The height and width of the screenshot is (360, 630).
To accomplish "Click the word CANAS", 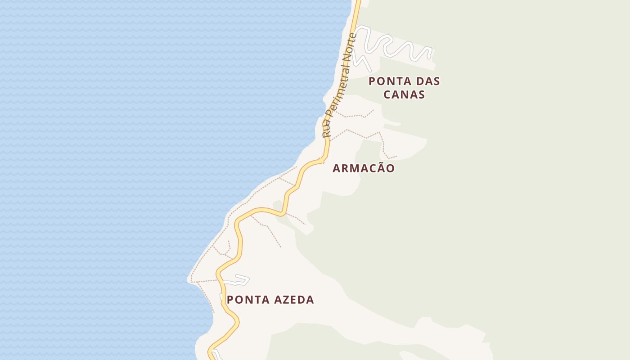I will pyautogui.click(x=404, y=94).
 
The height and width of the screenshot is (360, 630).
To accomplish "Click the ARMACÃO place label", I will pyautogui.click(x=364, y=168).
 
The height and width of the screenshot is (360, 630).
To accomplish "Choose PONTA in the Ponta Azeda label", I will pyautogui.click(x=247, y=300).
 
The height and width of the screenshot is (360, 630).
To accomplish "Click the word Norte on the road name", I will pyautogui.click(x=349, y=47).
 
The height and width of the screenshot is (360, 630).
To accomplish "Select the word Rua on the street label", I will pyautogui.click(x=327, y=129).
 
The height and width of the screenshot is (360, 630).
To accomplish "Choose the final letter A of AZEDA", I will pyautogui.click(x=310, y=300).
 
